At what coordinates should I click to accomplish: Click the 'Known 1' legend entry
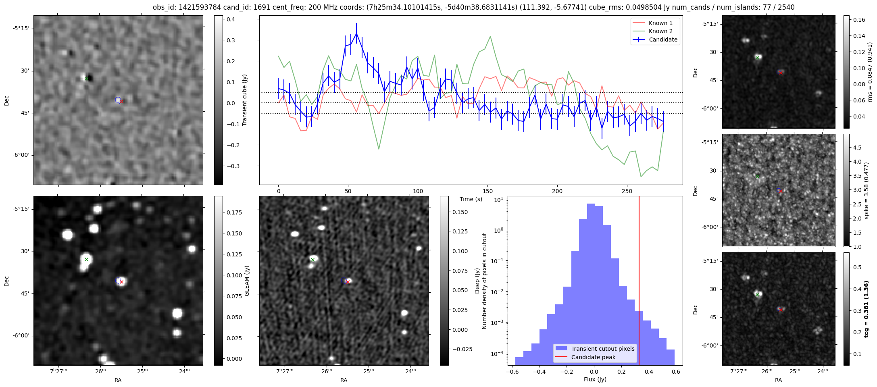pyautogui.click(x=660, y=23)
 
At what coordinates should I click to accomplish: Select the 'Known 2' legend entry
pyautogui.click(x=660, y=31)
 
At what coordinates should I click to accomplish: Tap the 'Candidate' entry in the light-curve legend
pyautogui.click(x=663, y=40)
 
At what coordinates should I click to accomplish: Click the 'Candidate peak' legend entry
pyautogui.click(x=593, y=357)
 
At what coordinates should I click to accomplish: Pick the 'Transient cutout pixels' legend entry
pyautogui.click(x=602, y=349)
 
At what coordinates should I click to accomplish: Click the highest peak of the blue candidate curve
pyautogui.click(x=356, y=33)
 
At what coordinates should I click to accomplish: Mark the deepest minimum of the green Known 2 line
pyautogui.click(x=641, y=176)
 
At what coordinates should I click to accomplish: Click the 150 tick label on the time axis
pyautogui.click(x=488, y=191)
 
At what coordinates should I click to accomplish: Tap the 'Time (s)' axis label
pyautogui.click(x=471, y=199)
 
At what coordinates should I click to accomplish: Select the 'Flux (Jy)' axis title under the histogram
pyautogui.click(x=595, y=379)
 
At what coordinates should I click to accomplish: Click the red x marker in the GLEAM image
pyautogui.click(x=121, y=282)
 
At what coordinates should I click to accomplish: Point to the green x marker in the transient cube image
pyautogui.click(x=86, y=79)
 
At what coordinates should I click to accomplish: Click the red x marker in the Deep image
pyautogui.click(x=348, y=282)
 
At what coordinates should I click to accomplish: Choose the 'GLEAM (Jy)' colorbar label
pyautogui.click(x=247, y=281)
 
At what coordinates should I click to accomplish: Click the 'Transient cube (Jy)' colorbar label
pyautogui.click(x=244, y=100)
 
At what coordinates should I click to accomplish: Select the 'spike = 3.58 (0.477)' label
pyautogui.click(x=866, y=190)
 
